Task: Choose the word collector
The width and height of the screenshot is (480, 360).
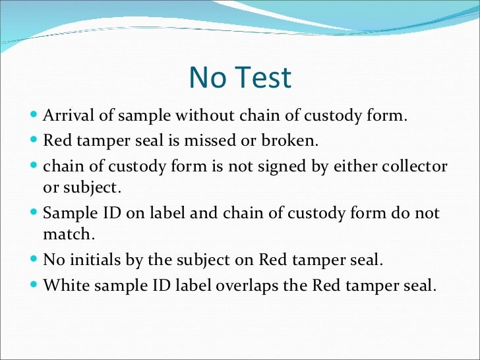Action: pos(412,166)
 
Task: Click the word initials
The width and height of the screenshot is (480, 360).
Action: pos(92,259)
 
